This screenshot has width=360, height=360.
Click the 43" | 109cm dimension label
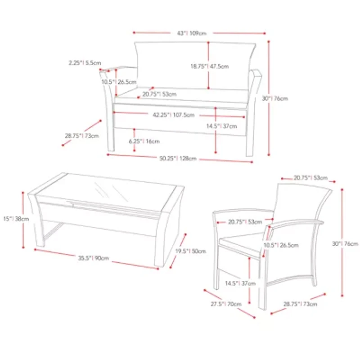pos(192,33)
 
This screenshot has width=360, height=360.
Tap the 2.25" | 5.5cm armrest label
pos(85,63)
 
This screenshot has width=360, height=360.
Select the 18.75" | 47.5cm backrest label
pos(210,66)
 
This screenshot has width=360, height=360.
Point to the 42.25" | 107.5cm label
pos(174,115)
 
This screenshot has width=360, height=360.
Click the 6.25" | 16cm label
pos(144,141)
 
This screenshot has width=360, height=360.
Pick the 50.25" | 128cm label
pos(178,158)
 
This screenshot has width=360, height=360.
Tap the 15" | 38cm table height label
pos(16,219)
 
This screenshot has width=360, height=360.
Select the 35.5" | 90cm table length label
pos(94,258)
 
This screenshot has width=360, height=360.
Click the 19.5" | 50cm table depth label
pos(190,251)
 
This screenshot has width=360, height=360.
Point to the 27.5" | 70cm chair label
pos(226,304)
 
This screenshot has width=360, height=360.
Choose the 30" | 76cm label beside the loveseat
pos(275,99)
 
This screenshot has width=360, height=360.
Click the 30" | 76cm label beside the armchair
pos(345,243)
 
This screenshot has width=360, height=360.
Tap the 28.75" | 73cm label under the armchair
pos(300,304)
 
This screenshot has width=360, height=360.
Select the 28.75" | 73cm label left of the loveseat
pos(82,136)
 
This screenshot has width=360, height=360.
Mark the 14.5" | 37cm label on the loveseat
pos(221,126)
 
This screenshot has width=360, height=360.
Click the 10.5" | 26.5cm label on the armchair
pos(281,245)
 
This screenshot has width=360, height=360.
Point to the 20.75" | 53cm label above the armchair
pos(310,178)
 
